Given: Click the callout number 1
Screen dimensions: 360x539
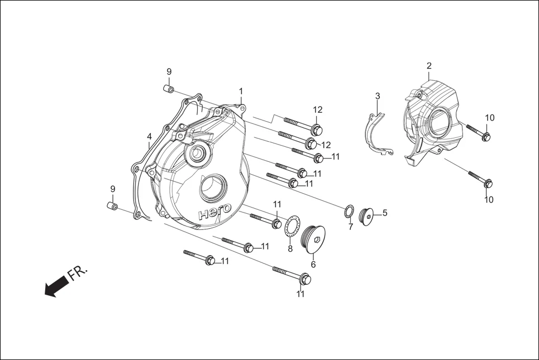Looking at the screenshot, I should [x=241, y=91].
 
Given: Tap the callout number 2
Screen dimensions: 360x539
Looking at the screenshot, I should [x=429, y=66].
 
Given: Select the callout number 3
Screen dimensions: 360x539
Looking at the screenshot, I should [x=378, y=96].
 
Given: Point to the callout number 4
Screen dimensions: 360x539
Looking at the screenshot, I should [x=149, y=137].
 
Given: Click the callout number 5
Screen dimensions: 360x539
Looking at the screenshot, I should [x=384, y=213].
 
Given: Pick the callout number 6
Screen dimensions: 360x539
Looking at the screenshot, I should [x=313, y=265].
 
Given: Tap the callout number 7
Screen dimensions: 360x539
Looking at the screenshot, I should [x=350, y=227].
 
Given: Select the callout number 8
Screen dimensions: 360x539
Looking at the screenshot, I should [x=290, y=249].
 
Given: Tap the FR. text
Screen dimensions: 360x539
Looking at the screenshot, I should [x=78, y=273].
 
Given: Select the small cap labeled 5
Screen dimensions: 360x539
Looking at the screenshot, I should [x=369, y=214].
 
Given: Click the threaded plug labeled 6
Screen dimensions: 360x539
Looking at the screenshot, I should [x=314, y=239].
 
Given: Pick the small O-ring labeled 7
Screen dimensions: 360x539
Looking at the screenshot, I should [x=348, y=212].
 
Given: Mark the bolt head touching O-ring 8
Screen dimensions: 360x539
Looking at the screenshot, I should [x=276, y=223].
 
